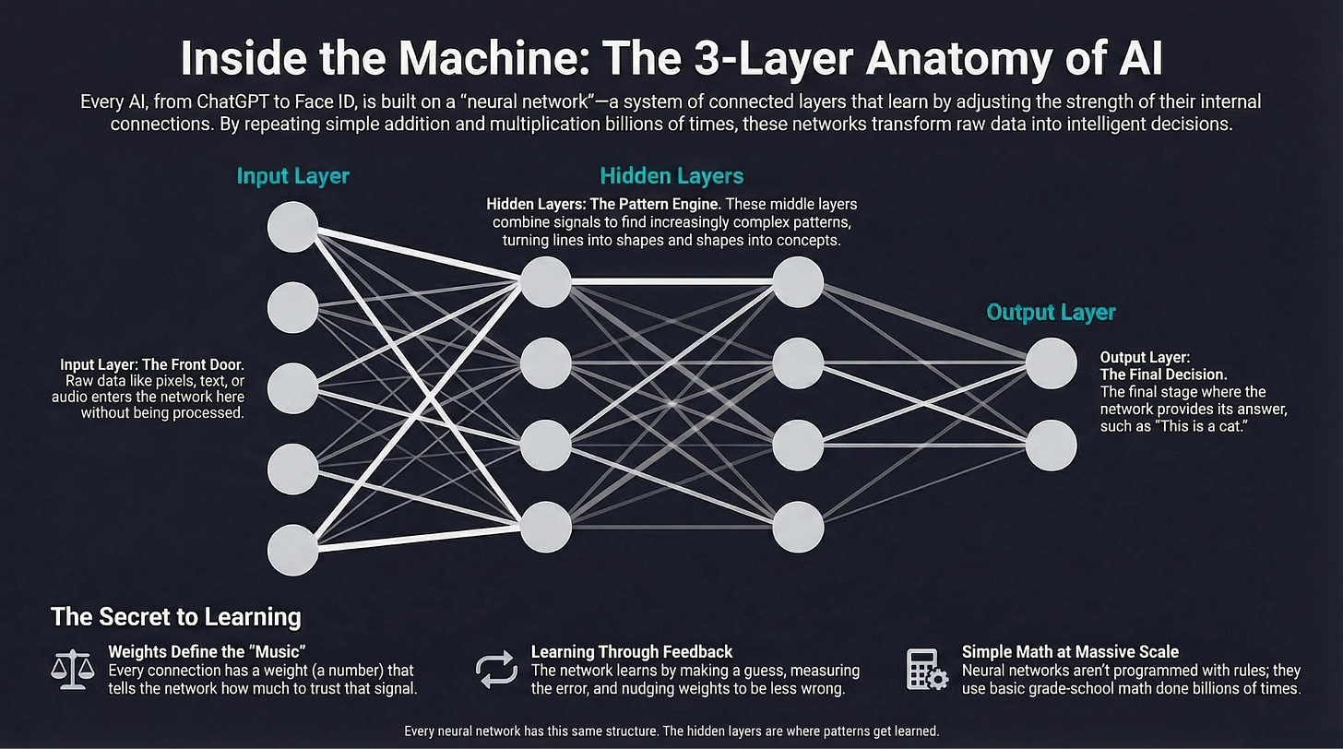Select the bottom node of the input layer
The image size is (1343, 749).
(x=293, y=550)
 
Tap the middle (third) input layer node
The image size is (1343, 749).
(x=293, y=388)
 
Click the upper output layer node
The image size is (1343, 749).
(x=1051, y=363)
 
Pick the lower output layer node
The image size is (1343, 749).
(x=1051, y=445)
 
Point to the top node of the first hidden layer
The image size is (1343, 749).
(x=545, y=281)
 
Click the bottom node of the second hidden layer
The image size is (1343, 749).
(x=798, y=527)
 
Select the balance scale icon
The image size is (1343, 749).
(x=73, y=669)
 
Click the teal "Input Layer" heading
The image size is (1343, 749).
(x=293, y=175)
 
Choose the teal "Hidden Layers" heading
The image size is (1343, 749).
(x=671, y=175)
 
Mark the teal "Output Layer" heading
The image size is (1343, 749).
(x=1051, y=312)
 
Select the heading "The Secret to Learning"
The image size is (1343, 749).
(x=175, y=616)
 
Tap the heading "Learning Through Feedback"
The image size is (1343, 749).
(x=632, y=652)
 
